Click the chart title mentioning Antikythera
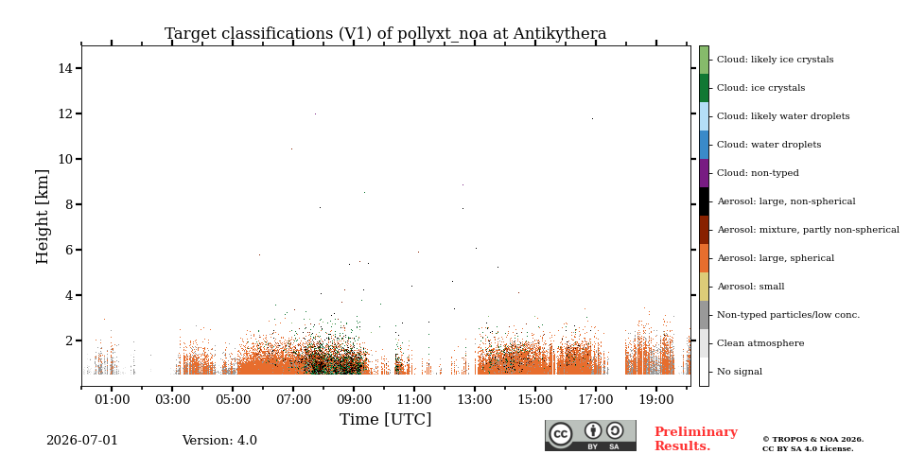(x=386, y=34)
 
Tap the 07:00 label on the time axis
(x=293, y=399)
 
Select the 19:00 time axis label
(x=656, y=399)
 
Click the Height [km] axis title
(x=43, y=217)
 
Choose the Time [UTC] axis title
(x=386, y=419)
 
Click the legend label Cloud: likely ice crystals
(x=776, y=60)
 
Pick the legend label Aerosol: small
(x=750, y=287)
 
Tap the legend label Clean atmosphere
(x=760, y=343)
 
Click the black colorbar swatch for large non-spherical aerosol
(x=704, y=201)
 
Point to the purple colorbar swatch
(x=704, y=173)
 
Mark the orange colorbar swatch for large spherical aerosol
(x=704, y=258)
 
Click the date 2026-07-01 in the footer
(x=81, y=441)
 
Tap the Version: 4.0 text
(x=219, y=441)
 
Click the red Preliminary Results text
(x=696, y=439)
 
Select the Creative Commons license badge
(x=590, y=435)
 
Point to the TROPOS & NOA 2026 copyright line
(x=812, y=440)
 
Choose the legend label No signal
(x=740, y=372)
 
